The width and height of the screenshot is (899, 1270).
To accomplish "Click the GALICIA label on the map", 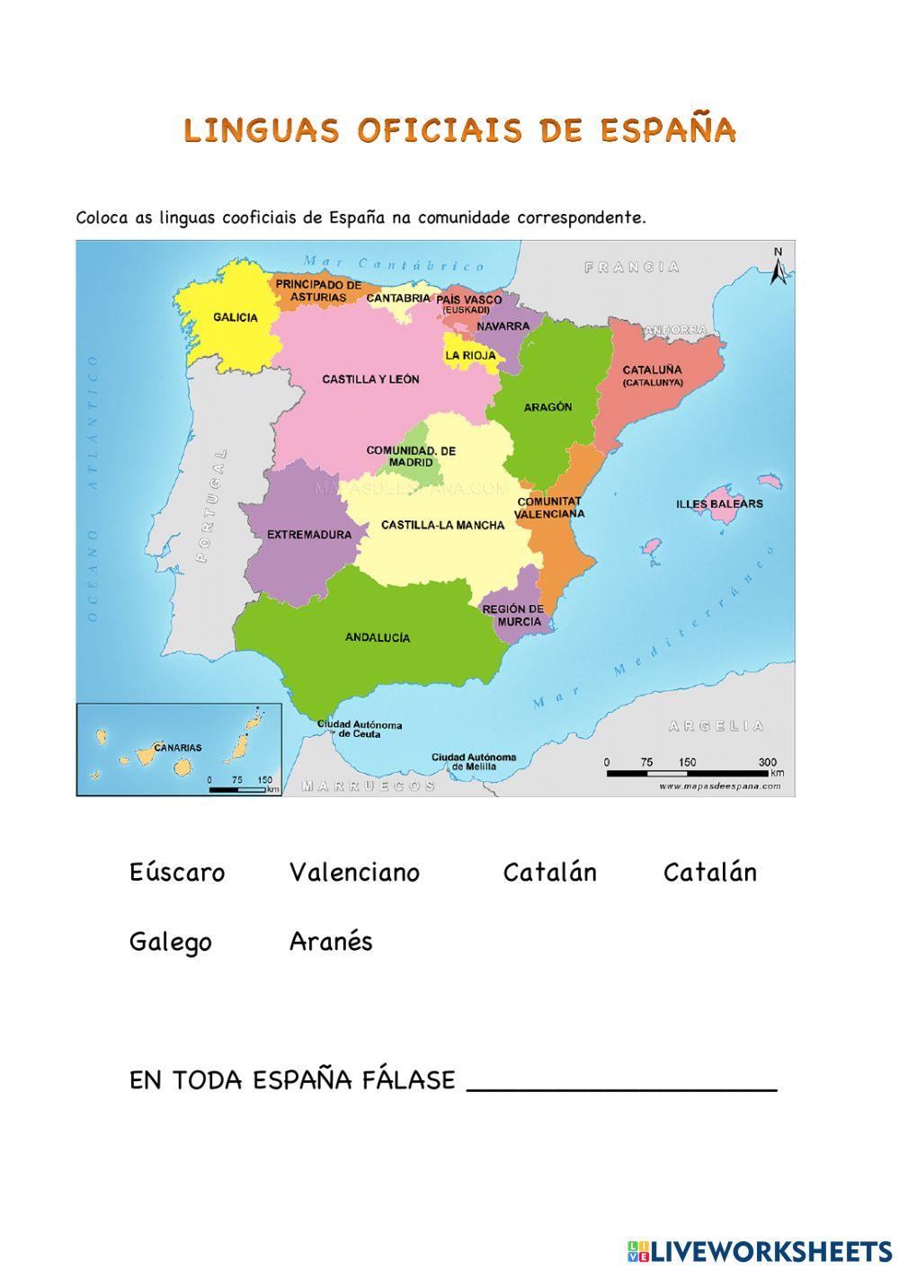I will coord(236,317).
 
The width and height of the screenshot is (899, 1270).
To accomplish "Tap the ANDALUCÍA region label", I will coord(378,637).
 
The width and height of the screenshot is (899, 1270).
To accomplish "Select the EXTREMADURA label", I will coord(309,535).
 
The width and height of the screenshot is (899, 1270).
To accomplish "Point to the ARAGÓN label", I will coord(547,407).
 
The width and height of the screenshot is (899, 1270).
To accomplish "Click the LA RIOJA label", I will coord(470,356).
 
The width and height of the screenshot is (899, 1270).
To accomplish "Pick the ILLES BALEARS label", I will coord(719,504).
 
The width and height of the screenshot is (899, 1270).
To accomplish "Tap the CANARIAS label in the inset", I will coord(178,747).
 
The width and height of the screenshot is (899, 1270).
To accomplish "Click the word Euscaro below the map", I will coord(177,873).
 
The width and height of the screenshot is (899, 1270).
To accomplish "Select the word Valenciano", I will coord(354,873).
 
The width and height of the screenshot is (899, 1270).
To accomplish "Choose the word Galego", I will coord(171,942).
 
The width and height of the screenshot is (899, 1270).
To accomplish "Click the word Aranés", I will coord(331,942).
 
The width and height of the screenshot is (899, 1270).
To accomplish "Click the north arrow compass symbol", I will coord(779,266).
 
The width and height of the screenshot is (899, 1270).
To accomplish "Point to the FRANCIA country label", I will coord(632,267).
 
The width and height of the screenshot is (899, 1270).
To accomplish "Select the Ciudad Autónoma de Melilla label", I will coord(474,762).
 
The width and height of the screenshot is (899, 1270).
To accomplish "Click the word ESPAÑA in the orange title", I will coord(667,131).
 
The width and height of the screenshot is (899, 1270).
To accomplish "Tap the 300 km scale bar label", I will coord(767,762).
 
